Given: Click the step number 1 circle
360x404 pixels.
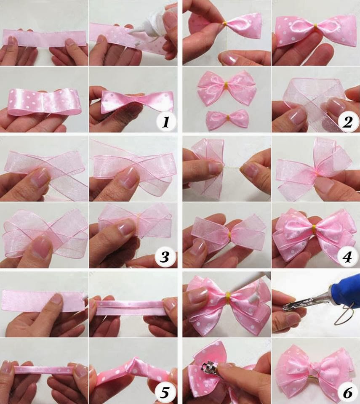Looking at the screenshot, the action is [165, 122].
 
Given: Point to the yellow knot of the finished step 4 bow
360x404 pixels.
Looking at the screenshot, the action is [313, 230].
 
